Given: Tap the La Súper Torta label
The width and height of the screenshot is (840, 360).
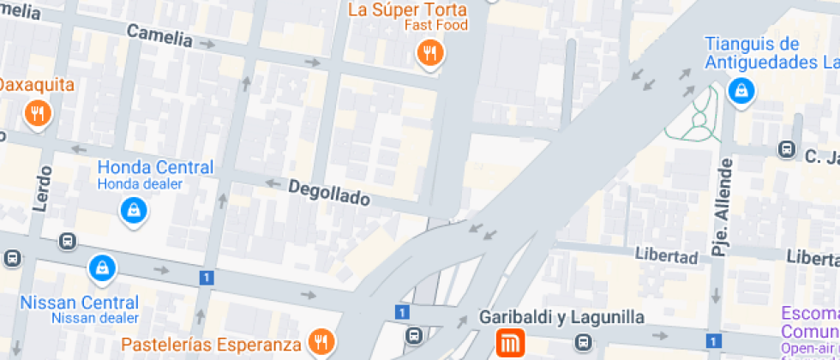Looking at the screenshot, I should pyautogui.click(x=407, y=10).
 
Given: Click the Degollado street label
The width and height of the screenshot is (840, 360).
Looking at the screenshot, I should pyautogui.click(x=329, y=192).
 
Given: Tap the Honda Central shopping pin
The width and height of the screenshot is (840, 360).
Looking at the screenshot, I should pyautogui.click(x=133, y=210).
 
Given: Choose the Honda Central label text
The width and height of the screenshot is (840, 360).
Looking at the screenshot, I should pyautogui.click(x=155, y=167).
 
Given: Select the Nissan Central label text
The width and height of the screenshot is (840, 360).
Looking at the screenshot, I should pyautogui.click(x=79, y=303).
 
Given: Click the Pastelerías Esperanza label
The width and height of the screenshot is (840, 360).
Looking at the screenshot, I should pyautogui.click(x=211, y=345).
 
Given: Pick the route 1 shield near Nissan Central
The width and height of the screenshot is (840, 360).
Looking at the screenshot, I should pyautogui.click(x=206, y=277).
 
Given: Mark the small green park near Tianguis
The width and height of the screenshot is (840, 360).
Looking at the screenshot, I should pyautogui.click(x=701, y=116).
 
